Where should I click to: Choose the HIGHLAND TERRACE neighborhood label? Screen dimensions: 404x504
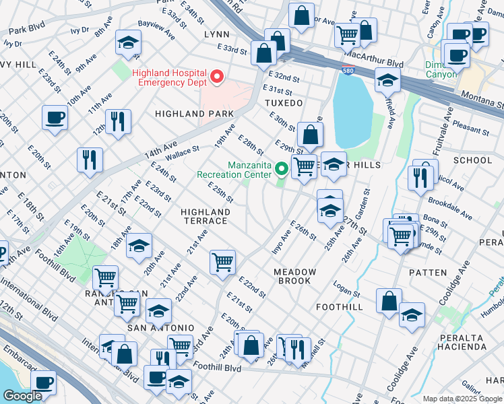point(206,216)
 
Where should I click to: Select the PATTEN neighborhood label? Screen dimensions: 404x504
point(427,273)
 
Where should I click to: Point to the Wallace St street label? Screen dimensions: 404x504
point(182,154)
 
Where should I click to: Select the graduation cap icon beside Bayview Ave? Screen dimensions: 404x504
point(128,42)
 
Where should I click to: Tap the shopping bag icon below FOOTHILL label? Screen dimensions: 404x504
point(389,300)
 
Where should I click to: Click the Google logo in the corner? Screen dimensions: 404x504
point(22,396)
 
